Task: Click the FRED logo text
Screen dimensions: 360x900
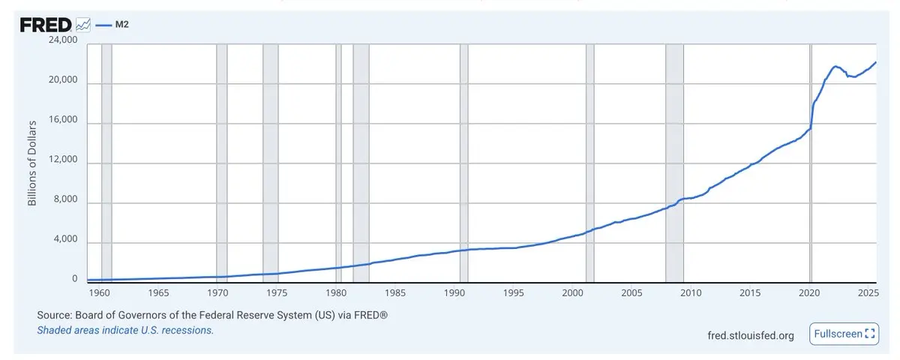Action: click(x=46, y=25)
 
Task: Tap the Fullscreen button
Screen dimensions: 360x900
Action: click(x=844, y=334)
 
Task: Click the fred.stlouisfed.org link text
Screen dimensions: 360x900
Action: click(x=751, y=335)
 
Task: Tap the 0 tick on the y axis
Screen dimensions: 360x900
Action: click(x=75, y=279)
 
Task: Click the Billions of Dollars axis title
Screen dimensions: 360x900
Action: click(x=33, y=161)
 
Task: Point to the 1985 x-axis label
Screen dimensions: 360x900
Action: click(x=395, y=292)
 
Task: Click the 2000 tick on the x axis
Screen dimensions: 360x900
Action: click(x=573, y=292)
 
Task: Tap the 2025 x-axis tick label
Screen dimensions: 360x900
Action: click(x=868, y=292)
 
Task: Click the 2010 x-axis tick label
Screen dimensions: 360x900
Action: click(x=691, y=292)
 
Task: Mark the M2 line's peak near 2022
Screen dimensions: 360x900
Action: click(x=835, y=66)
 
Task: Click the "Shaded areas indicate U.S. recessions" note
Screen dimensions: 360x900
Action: click(x=125, y=330)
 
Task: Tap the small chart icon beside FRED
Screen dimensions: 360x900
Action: click(x=83, y=25)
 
